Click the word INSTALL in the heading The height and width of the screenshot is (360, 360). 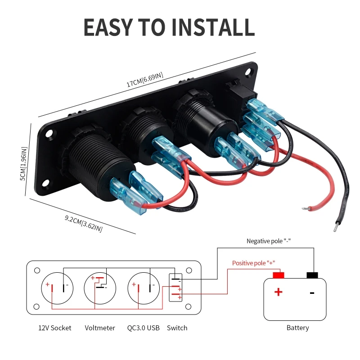point(213,27)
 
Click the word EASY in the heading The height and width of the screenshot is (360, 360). point(108,27)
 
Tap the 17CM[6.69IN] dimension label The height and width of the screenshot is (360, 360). point(145,80)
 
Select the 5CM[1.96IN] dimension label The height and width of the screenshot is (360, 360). point(24,164)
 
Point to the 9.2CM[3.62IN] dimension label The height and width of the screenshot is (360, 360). point(84,223)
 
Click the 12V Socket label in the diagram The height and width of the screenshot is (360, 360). point(54,328)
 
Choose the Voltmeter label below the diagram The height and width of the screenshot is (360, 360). point(100,328)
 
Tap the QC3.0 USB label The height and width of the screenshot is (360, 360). point(143,328)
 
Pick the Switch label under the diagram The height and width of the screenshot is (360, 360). point(177,328)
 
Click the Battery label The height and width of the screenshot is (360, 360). point(297,328)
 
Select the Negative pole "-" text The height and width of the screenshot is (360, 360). point(268,241)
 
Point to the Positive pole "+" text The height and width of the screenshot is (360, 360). point(253,263)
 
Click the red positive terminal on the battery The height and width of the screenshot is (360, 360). point(278,275)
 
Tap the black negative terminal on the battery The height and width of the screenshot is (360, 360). point(312,275)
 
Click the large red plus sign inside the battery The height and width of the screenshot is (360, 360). point(278,292)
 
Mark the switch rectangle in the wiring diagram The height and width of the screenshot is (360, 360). point(175,287)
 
